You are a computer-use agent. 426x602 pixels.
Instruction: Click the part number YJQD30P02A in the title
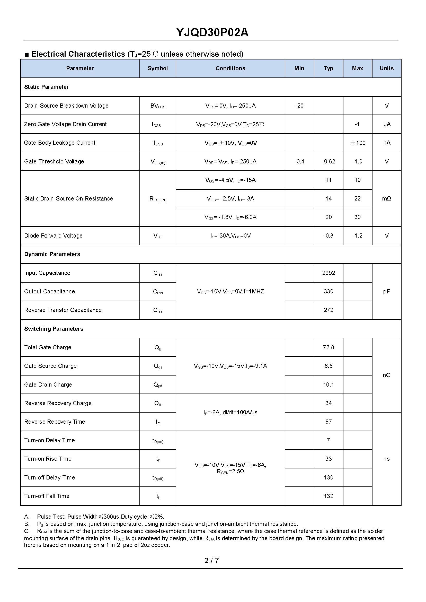(212, 32)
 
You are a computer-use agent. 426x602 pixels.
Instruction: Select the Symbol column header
(157, 68)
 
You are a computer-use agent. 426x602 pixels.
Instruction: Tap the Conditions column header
(230, 68)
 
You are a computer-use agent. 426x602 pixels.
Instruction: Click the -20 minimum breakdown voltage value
(299, 106)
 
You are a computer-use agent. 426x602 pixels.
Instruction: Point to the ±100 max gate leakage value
(358, 143)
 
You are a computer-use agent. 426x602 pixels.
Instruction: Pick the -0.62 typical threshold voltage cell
(328, 162)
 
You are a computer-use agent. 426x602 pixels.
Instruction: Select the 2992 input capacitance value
(328, 273)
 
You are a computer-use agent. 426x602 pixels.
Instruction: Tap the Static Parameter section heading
(46, 87)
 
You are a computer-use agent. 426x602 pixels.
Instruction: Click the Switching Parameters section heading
(54, 329)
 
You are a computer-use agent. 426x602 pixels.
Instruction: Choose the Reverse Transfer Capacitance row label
(63, 310)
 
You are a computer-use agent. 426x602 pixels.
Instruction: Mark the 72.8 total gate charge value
(328, 347)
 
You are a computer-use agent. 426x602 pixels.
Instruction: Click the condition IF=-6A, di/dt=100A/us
(230, 413)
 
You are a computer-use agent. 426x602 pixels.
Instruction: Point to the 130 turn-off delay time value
(328, 478)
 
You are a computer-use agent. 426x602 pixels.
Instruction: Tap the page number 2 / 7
(211, 561)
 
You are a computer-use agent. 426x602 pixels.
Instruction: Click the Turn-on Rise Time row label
(48, 459)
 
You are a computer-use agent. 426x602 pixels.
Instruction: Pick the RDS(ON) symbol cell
(158, 199)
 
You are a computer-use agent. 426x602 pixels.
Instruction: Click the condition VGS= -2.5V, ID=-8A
(230, 199)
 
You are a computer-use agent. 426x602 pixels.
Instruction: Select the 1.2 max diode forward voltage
(357, 236)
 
